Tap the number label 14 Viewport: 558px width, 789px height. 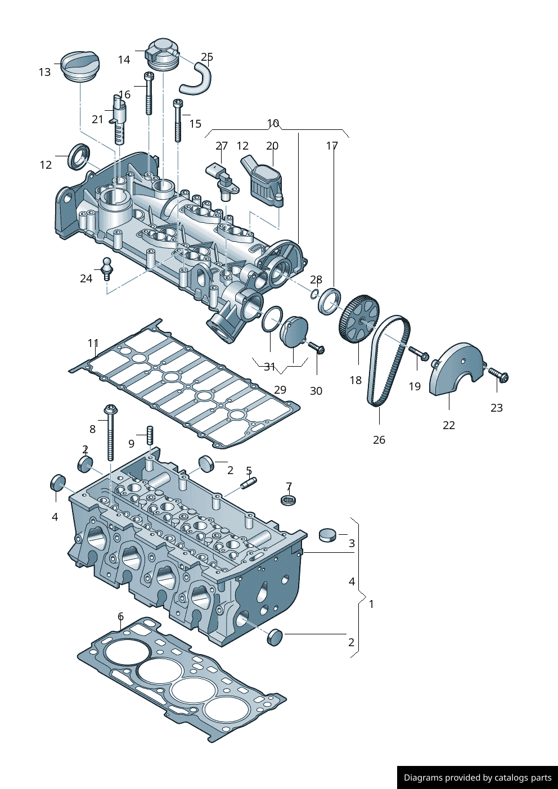[x=124, y=60]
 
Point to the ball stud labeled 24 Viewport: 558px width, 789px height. [x=106, y=268]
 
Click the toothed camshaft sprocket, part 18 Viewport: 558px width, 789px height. [x=358, y=319]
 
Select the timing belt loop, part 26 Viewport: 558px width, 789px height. [x=388, y=360]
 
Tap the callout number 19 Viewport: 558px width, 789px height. [x=415, y=386]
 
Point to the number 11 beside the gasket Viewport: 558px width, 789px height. [x=93, y=343]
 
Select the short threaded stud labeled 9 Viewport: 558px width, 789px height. [x=150, y=435]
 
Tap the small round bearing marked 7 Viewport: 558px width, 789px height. [x=289, y=499]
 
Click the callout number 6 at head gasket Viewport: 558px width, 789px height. [x=120, y=617]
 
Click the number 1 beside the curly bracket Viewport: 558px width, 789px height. [x=371, y=604]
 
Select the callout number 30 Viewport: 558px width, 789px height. [x=316, y=391]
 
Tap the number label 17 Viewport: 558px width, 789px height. [x=332, y=146]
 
